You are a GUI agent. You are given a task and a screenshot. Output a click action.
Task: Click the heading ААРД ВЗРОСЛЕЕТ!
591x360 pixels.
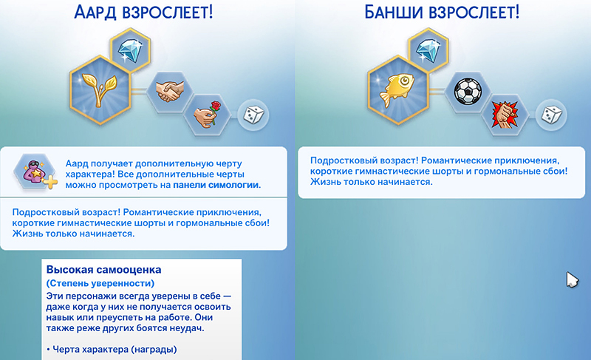tap(143, 12)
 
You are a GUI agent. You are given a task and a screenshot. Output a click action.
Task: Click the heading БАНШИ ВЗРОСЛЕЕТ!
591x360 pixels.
tap(442, 12)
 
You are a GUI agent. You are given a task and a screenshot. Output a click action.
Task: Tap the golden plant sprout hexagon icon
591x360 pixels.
tap(100, 89)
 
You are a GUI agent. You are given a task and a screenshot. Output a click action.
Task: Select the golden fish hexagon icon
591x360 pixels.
tap(397, 89)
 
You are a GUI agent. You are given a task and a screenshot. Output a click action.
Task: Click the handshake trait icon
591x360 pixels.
tap(170, 91)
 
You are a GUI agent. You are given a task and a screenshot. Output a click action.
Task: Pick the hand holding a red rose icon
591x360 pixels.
tap(207, 115)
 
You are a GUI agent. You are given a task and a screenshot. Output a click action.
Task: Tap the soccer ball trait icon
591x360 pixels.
tap(468, 91)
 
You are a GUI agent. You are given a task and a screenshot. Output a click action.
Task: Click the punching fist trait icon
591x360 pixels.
tap(505, 115)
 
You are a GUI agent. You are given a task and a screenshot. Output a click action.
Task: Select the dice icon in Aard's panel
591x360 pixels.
tap(253, 115)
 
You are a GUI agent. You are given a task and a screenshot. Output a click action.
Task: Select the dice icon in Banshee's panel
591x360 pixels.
tap(551, 115)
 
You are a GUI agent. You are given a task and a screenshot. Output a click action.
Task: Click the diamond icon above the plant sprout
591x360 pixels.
tap(131, 50)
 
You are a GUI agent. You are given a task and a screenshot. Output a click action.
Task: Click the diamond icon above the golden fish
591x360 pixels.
tap(428, 50)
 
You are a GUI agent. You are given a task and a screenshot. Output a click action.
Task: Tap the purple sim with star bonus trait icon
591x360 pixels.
tap(35, 173)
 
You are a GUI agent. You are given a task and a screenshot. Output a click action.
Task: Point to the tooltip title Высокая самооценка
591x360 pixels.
tap(103, 270)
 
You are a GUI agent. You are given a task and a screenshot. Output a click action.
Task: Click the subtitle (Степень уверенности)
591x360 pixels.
tap(100, 283)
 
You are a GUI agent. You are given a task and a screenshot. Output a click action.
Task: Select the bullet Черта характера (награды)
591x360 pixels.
tap(112, 350)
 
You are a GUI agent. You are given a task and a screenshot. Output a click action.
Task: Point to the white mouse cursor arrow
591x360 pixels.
tap(572, 279)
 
